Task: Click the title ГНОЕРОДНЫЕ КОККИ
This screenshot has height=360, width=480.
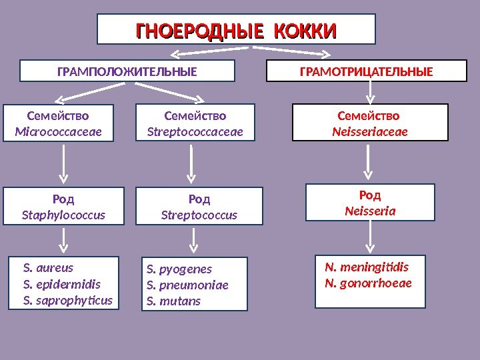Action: point(237,31)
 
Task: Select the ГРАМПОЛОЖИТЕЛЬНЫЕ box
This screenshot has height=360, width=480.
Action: point(127,71)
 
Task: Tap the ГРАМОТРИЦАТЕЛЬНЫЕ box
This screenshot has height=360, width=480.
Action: point(366,71)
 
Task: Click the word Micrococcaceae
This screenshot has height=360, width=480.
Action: point(59,131)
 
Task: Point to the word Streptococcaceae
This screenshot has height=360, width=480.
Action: point(195,131)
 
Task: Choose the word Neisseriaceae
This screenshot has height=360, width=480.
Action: point(370,131)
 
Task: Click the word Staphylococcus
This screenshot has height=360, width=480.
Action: point(64,215)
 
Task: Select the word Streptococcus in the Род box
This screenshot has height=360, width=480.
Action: point(199,215)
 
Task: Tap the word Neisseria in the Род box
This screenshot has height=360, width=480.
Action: point(370,211)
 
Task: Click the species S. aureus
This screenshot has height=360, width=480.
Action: point(48,268)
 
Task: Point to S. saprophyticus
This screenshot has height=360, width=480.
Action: point(68,300)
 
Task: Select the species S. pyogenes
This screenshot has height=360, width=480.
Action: point(179,269)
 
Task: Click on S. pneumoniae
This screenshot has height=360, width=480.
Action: point(187,285)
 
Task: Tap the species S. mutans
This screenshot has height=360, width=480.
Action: point(173,301)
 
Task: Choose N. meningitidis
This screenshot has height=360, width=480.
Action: point(367,267)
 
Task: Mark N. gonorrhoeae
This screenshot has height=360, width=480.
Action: point(368,283)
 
